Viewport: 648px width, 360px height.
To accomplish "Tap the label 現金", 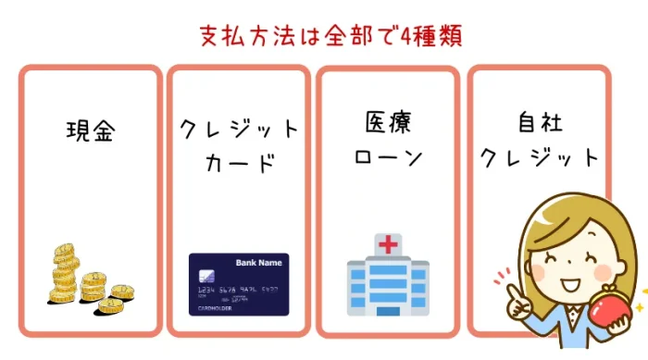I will coord(90,130).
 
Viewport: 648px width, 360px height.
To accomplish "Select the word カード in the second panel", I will coord(239,164).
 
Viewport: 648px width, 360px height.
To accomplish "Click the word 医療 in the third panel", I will coord(388,123).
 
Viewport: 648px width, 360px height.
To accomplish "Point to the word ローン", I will coord(388,156).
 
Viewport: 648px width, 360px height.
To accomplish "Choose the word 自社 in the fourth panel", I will coord(539,123).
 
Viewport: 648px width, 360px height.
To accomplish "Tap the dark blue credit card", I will coord(239,284).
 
